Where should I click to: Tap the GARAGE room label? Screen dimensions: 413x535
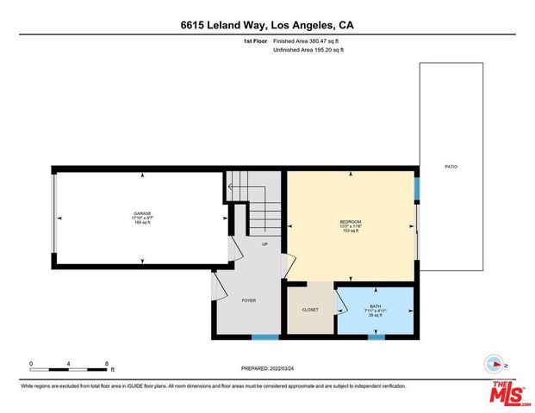click(142, 213)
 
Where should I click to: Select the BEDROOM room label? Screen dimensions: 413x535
click(351, 222)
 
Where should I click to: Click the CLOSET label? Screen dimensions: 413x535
click(310, 310)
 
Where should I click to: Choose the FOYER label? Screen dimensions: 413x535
click(249, 300)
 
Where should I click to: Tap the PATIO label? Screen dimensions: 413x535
click(451, 166)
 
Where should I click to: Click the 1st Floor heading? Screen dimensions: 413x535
click(255, 41)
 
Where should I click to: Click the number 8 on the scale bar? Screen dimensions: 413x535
click(107, 364)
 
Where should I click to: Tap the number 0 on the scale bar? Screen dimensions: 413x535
click(31, 364)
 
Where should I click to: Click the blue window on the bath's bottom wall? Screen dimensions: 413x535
click(376, 336)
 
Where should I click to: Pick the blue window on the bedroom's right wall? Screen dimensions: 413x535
click(416, 187)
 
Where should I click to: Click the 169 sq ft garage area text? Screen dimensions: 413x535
click(142, 223)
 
